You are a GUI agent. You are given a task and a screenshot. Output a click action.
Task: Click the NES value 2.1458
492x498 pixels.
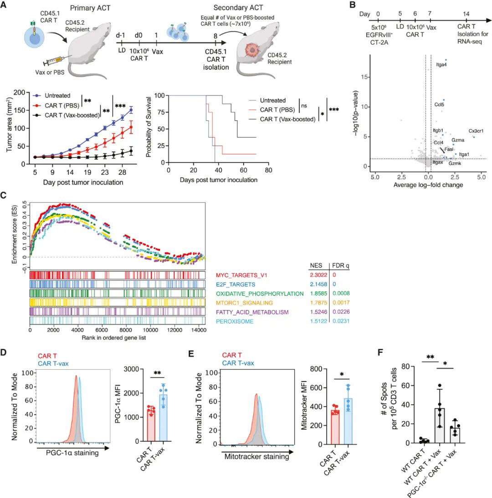coord(318,285)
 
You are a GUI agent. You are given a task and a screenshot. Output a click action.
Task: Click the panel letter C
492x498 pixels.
coord(5,196)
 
